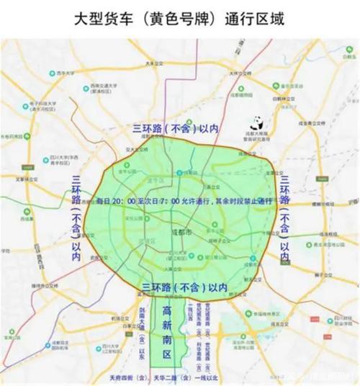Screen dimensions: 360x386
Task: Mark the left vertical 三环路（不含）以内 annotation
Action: point(76,213)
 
